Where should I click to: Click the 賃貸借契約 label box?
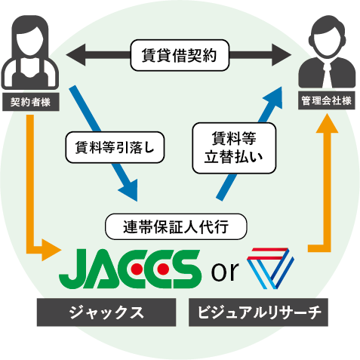(x=180, y=55)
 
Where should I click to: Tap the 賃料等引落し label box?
(x=115, y=147)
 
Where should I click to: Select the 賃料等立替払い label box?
(x=234, y=148)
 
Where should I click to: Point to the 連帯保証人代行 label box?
(x=176, y=226)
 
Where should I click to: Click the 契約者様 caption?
(x=31, y=102)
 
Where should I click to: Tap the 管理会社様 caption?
(x=327, y=101)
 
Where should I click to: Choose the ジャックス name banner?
(x=106, y=312)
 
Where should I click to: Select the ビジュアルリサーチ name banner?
(x=258, y=312)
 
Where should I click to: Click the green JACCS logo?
(x=130, y=269)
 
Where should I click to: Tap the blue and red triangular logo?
(x=270, y=268)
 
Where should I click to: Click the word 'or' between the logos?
(x=225, y=271)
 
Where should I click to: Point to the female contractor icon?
(x=30, y=52)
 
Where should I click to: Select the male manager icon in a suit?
(x=327, y=51)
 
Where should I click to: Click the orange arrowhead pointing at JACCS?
(x=51, y=250)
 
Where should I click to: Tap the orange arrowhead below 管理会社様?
(x=327, y=123)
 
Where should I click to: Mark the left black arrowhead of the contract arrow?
(x=75, y=55)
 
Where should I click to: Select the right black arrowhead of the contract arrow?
(x=282, y=55)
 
